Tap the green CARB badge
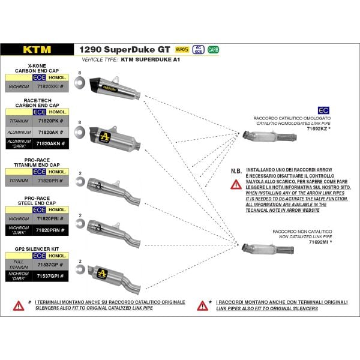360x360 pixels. [213, 50]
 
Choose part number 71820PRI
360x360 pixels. [56, 220]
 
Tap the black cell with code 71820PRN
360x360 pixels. [58, 230]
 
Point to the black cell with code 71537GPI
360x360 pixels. [58, 275]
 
